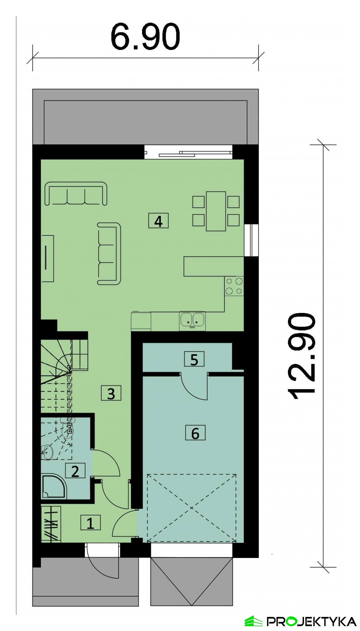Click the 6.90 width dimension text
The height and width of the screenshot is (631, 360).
coord(145,37)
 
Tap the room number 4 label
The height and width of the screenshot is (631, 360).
coord(158,221)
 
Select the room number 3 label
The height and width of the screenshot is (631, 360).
coord(111,393)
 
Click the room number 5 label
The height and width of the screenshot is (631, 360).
coord(194,359)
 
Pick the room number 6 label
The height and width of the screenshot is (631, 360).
coord(195,433)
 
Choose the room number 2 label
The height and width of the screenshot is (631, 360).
coord(75,471)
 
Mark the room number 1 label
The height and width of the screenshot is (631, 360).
coord(90,522)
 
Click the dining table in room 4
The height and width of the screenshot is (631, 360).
coord(216,211)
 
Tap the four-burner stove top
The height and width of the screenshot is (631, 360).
coord(234,286)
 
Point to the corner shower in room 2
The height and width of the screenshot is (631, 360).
coord(53,487)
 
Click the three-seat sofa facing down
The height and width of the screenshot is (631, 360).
coord(76,193)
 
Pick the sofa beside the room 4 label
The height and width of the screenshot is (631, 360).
coord(109,254)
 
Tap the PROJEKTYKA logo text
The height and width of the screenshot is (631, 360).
coord(311,621)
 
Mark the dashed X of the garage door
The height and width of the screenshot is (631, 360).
coord(192,508)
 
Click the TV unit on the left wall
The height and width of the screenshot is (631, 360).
coord(47,258)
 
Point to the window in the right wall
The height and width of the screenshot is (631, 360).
coord(251,240)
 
